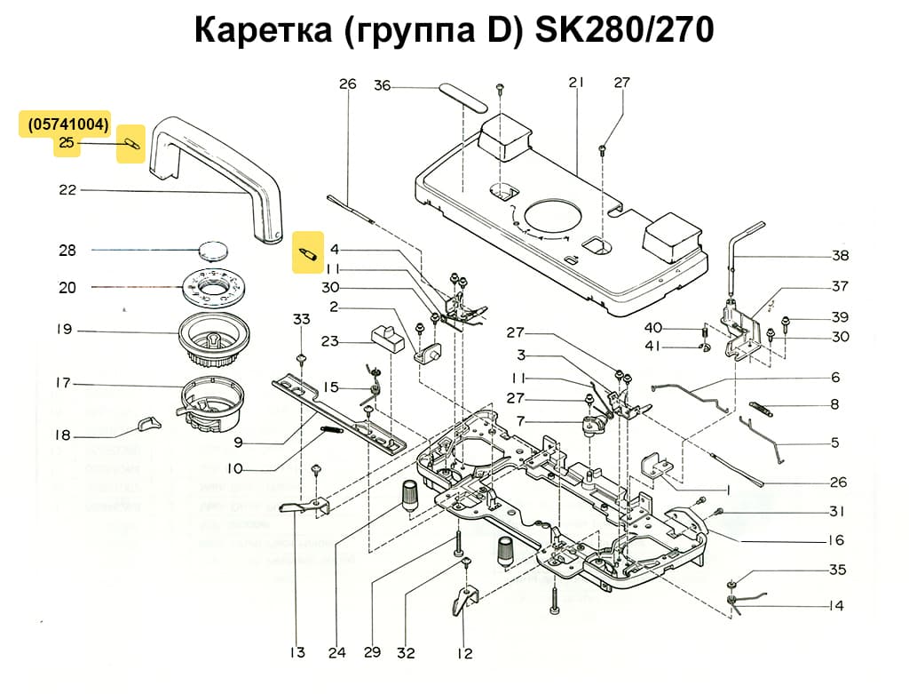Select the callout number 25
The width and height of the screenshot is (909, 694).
[67, 143]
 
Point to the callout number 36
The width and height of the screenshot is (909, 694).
[382, 85]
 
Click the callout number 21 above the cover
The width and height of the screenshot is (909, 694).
[577, 83]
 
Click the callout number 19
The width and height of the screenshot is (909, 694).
[63, 330]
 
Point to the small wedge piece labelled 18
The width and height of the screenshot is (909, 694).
[148, 424]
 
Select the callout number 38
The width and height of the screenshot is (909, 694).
[840, 255]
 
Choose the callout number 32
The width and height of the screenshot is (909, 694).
[406, 653]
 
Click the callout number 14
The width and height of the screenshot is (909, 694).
[835, 606]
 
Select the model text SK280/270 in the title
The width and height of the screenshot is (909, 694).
[623, 31]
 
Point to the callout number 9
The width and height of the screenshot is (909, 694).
[239, 442]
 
